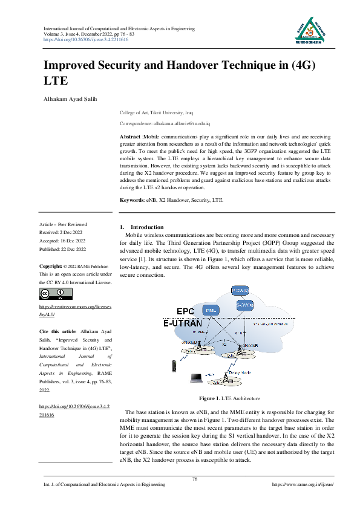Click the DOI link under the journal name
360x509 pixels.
(x=87, y=39)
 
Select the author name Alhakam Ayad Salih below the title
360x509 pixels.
(x=68, y=98)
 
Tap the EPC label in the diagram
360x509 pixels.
(x=185, y=311)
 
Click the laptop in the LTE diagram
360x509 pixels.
(x=196, y=378)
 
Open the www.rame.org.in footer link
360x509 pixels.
(x=303, y=485)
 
